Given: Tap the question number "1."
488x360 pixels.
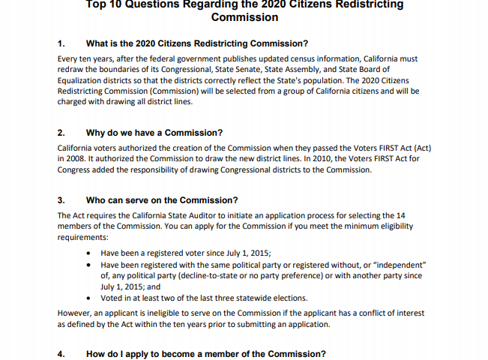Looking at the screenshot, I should (61, 43).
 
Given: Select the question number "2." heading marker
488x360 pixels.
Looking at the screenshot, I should (61, 133).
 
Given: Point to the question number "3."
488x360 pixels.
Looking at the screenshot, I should (61, 200).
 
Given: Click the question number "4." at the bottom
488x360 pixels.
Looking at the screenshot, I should (61, 354).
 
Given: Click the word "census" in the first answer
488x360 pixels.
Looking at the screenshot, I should (287, 58).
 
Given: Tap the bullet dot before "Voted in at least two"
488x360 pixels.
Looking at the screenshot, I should (90, 298).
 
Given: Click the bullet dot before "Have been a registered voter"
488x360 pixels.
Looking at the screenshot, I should (90, 253).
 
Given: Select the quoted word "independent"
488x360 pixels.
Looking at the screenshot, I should (398, 265).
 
